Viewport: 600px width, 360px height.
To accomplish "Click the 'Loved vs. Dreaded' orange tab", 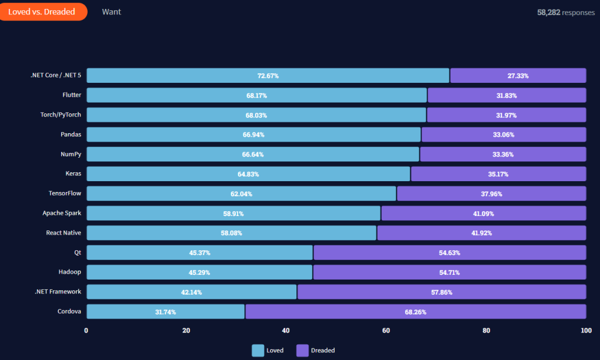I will [x=42, y=12].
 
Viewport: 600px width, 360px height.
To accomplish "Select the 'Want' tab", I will [x=111, y=12].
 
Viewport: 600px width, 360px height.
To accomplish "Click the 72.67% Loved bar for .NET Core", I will [x=268, y=76].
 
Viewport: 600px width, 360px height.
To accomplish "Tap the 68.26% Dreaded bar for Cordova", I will [x=415, y=312].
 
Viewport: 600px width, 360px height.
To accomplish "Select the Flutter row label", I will [x=71, y=95].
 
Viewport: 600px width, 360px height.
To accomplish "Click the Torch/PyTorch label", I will [x=61, y=115].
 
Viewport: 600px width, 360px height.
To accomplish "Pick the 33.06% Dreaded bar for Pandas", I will [x=503, y=134].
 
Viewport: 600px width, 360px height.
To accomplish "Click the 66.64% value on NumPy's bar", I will [x=253, y=154].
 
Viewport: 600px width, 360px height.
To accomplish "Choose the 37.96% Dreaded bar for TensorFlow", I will [x=491, y=194].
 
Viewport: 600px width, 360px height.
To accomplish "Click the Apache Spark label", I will [x=62, y=213].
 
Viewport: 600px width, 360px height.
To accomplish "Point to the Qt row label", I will [x=77, y=253].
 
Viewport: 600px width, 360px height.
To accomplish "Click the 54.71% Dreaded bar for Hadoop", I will [x=449, y=272].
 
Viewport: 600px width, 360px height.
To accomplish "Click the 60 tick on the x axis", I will [x=386, y=331].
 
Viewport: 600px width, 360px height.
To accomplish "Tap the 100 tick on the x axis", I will [x=586, y=331].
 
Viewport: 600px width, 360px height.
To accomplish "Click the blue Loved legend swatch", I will [x=258, y=350].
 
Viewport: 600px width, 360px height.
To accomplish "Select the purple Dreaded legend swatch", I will [x=302, y=350].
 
